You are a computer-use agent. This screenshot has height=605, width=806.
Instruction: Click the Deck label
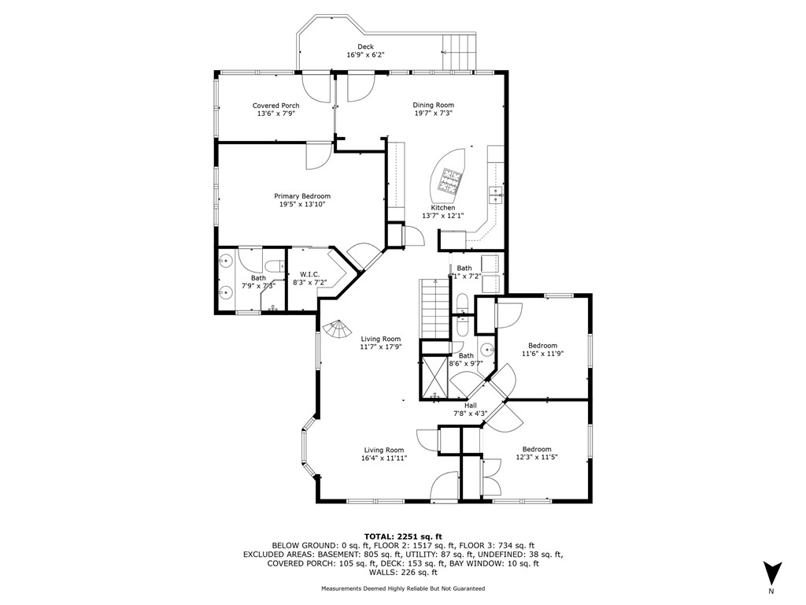(365, 47)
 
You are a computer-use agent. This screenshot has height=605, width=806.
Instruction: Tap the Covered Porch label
(275, 106)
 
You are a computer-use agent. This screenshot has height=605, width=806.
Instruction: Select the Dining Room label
(434, 105)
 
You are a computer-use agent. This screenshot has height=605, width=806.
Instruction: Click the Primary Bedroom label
(302, 196)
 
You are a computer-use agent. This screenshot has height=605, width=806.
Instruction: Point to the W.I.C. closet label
(309, 274)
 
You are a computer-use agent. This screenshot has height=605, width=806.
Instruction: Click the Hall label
(471, 406)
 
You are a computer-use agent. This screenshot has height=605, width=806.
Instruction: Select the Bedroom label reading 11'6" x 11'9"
(542, 346)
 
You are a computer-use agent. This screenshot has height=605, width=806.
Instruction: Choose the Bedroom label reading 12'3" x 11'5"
(537, 449)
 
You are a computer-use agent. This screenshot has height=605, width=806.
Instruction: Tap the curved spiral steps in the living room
(340, 328)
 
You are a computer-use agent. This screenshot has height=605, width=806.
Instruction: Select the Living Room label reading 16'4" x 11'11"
(384, 451)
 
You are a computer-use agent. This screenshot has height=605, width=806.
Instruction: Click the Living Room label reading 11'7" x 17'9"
(381, 340)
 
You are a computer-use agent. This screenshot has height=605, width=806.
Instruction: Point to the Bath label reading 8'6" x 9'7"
(466, 356)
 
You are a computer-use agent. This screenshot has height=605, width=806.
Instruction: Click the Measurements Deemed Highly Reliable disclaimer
(403, 588)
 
